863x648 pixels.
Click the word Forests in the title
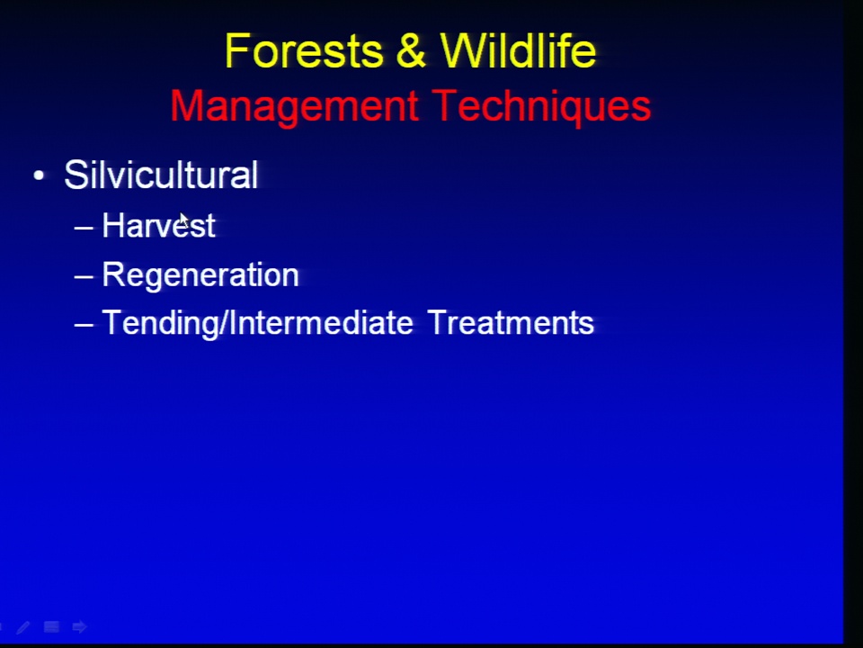304,50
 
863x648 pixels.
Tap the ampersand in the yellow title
411,50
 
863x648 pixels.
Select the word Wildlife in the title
518,50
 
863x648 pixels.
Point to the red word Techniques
541,107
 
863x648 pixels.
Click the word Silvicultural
161,175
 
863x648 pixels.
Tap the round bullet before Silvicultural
39,175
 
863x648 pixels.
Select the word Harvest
158,225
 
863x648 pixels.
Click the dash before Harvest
84,227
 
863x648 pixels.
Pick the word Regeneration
200,275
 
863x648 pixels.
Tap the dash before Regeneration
84,276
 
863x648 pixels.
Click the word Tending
160,323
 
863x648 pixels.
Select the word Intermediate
320,322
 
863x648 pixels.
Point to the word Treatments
511,322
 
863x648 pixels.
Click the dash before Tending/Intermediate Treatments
84,325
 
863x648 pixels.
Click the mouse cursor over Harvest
184,220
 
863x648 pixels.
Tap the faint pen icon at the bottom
23,627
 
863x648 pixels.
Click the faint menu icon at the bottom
52,627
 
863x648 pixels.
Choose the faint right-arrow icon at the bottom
79,627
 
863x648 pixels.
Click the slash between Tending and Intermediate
223,323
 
